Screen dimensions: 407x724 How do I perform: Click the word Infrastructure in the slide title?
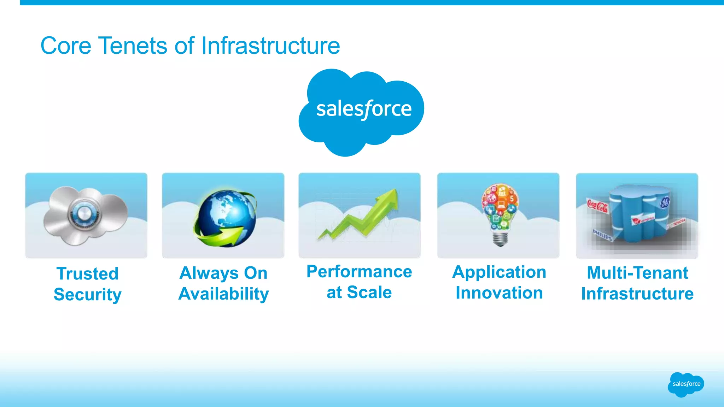pos(270,46)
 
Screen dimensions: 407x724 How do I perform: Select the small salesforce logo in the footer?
pos(686,384)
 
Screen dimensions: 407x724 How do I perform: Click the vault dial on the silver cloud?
pos(84,214)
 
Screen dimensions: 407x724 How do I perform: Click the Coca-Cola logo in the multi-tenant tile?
pos(597,206)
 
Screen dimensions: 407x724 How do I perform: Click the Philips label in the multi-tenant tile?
pos(602,235)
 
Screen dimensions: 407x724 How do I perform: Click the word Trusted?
pos(87,274)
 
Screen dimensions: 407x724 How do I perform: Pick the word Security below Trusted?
pos(87,295)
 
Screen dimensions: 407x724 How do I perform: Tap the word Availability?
pos(223,294)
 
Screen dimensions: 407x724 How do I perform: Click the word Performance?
pos(359,272)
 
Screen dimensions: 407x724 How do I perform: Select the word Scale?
pos(369,293)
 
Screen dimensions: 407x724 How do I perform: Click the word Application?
pos(499,272)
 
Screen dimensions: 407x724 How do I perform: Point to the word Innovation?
pos(499,293)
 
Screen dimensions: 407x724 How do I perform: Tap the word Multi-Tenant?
pos(637,273)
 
